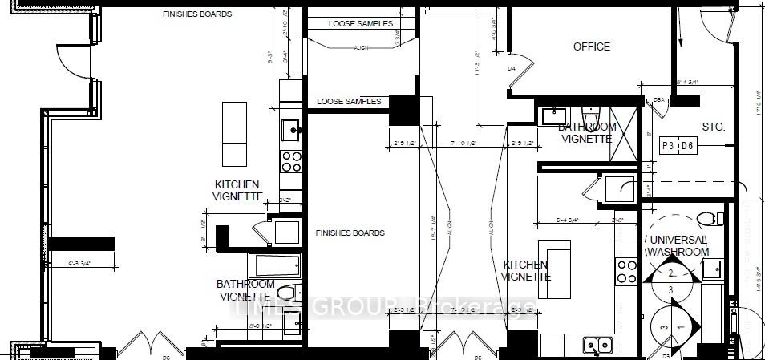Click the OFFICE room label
pyautogui.click(x=592, y=47)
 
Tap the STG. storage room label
pyautogui.click(x=713, y=127)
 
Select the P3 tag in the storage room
pyautogui.click(x=668, y=146)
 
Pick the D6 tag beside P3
pyautogui.click(x=688, y=146)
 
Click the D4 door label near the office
pyautogui.click(x=512, y=69)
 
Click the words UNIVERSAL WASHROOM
pyautogui.click(x=678, y=245)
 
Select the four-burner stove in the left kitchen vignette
pyautogui.click(x=290, y=161)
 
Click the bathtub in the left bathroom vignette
pyautogui.click(x=274, y=265)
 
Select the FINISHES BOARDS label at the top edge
pyautogui.click(x=197, y=14)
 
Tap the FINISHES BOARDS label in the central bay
pyautogui.click(x=350, y=233)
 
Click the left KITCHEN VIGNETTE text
pyautogui.click(x=237, y=190)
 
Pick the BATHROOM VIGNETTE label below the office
pyautogui.click(x=587, y=133)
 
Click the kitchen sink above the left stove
pyautogui.click(x=290, y=128)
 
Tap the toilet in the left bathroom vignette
pyautogui.click(x=290, y=293)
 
